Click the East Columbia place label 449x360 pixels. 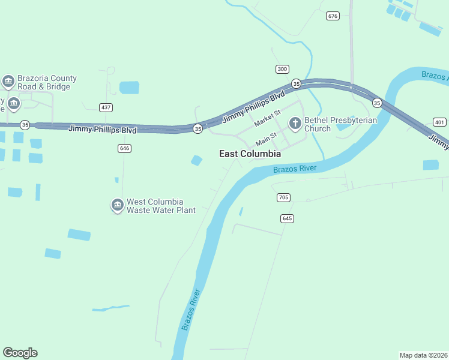click(x=250, y=154)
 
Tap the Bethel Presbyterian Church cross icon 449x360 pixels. click(x=295, y=124)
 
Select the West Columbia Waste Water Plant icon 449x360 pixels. click(x=117, y=206)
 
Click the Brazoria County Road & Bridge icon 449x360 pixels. click(x=8, y=82)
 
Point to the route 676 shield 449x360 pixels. click(x=333, y=16)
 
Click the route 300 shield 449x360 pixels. click(x=282, y=69)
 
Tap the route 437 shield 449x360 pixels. click(x=106, y=107)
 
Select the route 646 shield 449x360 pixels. click(x=124, y=148)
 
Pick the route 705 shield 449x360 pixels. click(x=284, y=197)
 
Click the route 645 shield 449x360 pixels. click(x=287, y=218)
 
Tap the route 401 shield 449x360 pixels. click(x=439, y=122)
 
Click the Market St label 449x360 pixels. click(x=267, y=118)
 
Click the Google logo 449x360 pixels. click(x=20, y=353)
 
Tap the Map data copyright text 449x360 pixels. click(x=423, y=355)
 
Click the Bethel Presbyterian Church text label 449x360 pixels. click(x=340, y=124)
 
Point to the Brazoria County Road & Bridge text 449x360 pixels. click(x=47, y=82)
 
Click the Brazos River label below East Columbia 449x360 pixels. click(x=294, y=169)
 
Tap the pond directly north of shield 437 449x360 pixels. click(x=129, y=88)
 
